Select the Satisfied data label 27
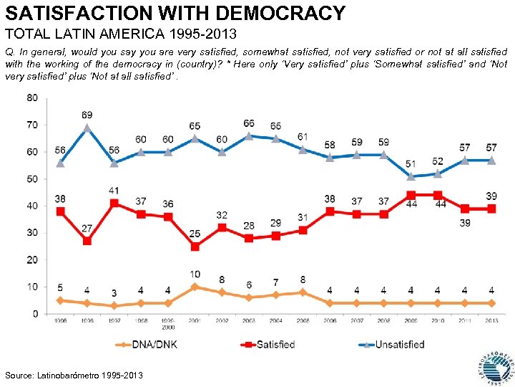[x=87, y=229]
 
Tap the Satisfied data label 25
[x=195, y=234]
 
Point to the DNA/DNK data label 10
[x=195, y=274]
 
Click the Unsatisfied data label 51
[x=410, y=165]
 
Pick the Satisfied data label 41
[x=114, y=191]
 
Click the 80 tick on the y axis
[x=33, y=98]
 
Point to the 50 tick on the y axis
[x=33, y=179]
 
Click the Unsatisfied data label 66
[x=249, y=124]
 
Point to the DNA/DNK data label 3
[x=114, y=294]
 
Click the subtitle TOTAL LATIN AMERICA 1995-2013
[x=121, y=34]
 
